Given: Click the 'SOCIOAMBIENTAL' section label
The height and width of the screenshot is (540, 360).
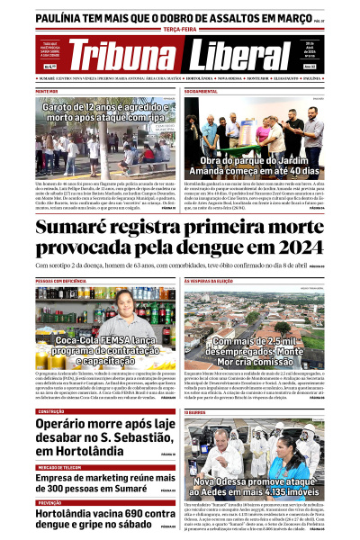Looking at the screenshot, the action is coord(200,92).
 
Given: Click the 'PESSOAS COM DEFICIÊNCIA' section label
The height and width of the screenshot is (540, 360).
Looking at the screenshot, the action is coord(60,281).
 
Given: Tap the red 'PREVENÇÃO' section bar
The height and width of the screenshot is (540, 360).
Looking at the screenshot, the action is coord(49,503).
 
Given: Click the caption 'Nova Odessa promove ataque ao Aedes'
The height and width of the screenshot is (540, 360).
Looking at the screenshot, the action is coord(251,487).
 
